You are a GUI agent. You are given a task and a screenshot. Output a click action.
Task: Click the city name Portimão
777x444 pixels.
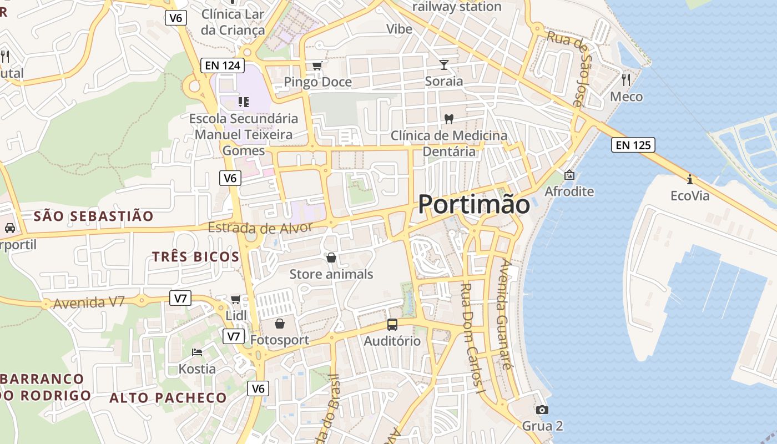473,204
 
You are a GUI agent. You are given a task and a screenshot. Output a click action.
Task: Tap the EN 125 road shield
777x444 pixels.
633,145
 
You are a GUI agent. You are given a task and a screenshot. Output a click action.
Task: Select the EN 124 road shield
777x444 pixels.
223,65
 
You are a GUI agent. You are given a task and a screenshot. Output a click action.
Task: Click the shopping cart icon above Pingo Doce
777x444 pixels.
317,66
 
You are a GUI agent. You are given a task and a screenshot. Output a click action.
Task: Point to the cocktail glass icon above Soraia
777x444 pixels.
444,65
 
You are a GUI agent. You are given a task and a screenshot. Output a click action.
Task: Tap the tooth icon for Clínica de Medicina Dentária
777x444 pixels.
449,119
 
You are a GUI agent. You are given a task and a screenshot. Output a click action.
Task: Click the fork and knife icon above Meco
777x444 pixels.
626,79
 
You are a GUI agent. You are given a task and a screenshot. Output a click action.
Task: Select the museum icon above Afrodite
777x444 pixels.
569,175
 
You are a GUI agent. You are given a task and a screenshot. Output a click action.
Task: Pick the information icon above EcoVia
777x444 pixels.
690,179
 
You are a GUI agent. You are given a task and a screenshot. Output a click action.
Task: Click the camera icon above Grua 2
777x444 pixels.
542,410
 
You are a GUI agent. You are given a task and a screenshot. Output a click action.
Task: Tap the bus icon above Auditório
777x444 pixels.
392,325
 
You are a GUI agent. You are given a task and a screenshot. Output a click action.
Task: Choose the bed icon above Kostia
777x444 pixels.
197,352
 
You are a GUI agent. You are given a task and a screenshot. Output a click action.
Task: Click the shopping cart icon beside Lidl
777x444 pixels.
235,300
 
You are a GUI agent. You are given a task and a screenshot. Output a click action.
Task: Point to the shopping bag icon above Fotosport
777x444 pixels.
280,323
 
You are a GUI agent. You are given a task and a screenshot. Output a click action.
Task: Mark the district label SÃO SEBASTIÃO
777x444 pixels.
93,216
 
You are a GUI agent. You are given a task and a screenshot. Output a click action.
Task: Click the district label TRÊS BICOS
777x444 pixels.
195,256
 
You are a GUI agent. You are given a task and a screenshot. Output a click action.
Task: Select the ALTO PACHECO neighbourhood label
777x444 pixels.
168,398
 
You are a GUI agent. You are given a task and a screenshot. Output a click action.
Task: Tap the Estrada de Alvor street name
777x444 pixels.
260,228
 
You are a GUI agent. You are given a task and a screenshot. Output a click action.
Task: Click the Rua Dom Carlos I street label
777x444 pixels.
473,339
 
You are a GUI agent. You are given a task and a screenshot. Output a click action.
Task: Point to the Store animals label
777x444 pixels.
331,274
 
